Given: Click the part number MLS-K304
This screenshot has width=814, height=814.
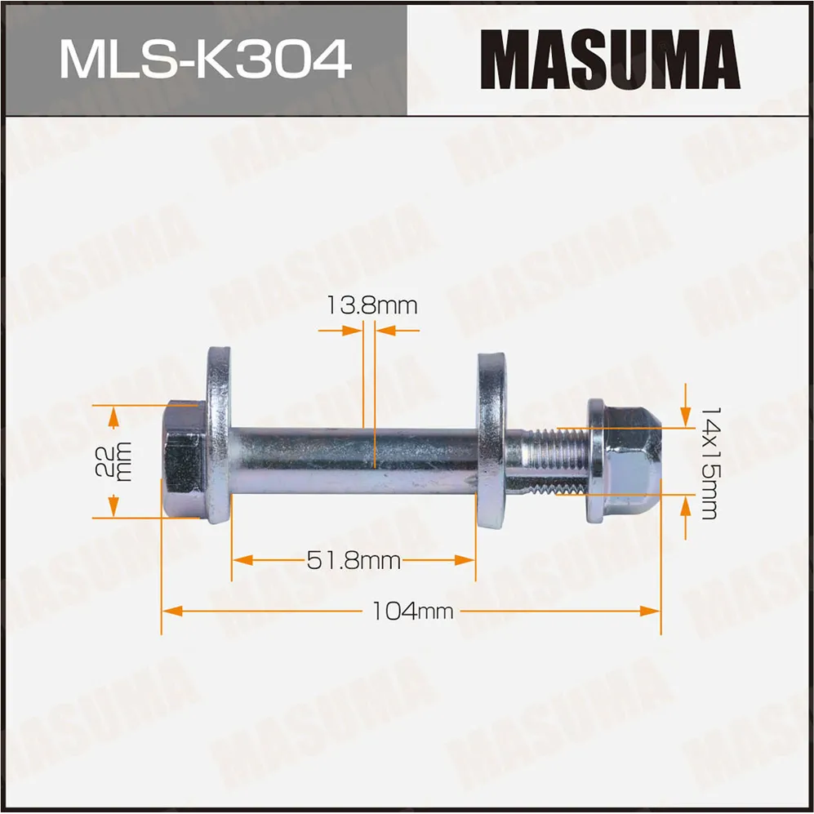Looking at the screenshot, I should [x=205, y=59].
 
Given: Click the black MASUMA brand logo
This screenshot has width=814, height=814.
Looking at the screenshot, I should [x=610, y=60].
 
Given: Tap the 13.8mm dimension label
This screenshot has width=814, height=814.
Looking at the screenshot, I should [x=371, y=306].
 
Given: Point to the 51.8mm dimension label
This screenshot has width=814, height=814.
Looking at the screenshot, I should [x=354, y=561].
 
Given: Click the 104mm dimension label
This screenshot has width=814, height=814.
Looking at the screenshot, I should [x=411, y=611].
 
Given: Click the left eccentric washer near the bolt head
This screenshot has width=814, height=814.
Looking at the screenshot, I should [x=218, y=437].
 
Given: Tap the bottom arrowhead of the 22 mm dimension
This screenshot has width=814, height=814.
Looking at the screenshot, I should [x=113, y=507].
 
